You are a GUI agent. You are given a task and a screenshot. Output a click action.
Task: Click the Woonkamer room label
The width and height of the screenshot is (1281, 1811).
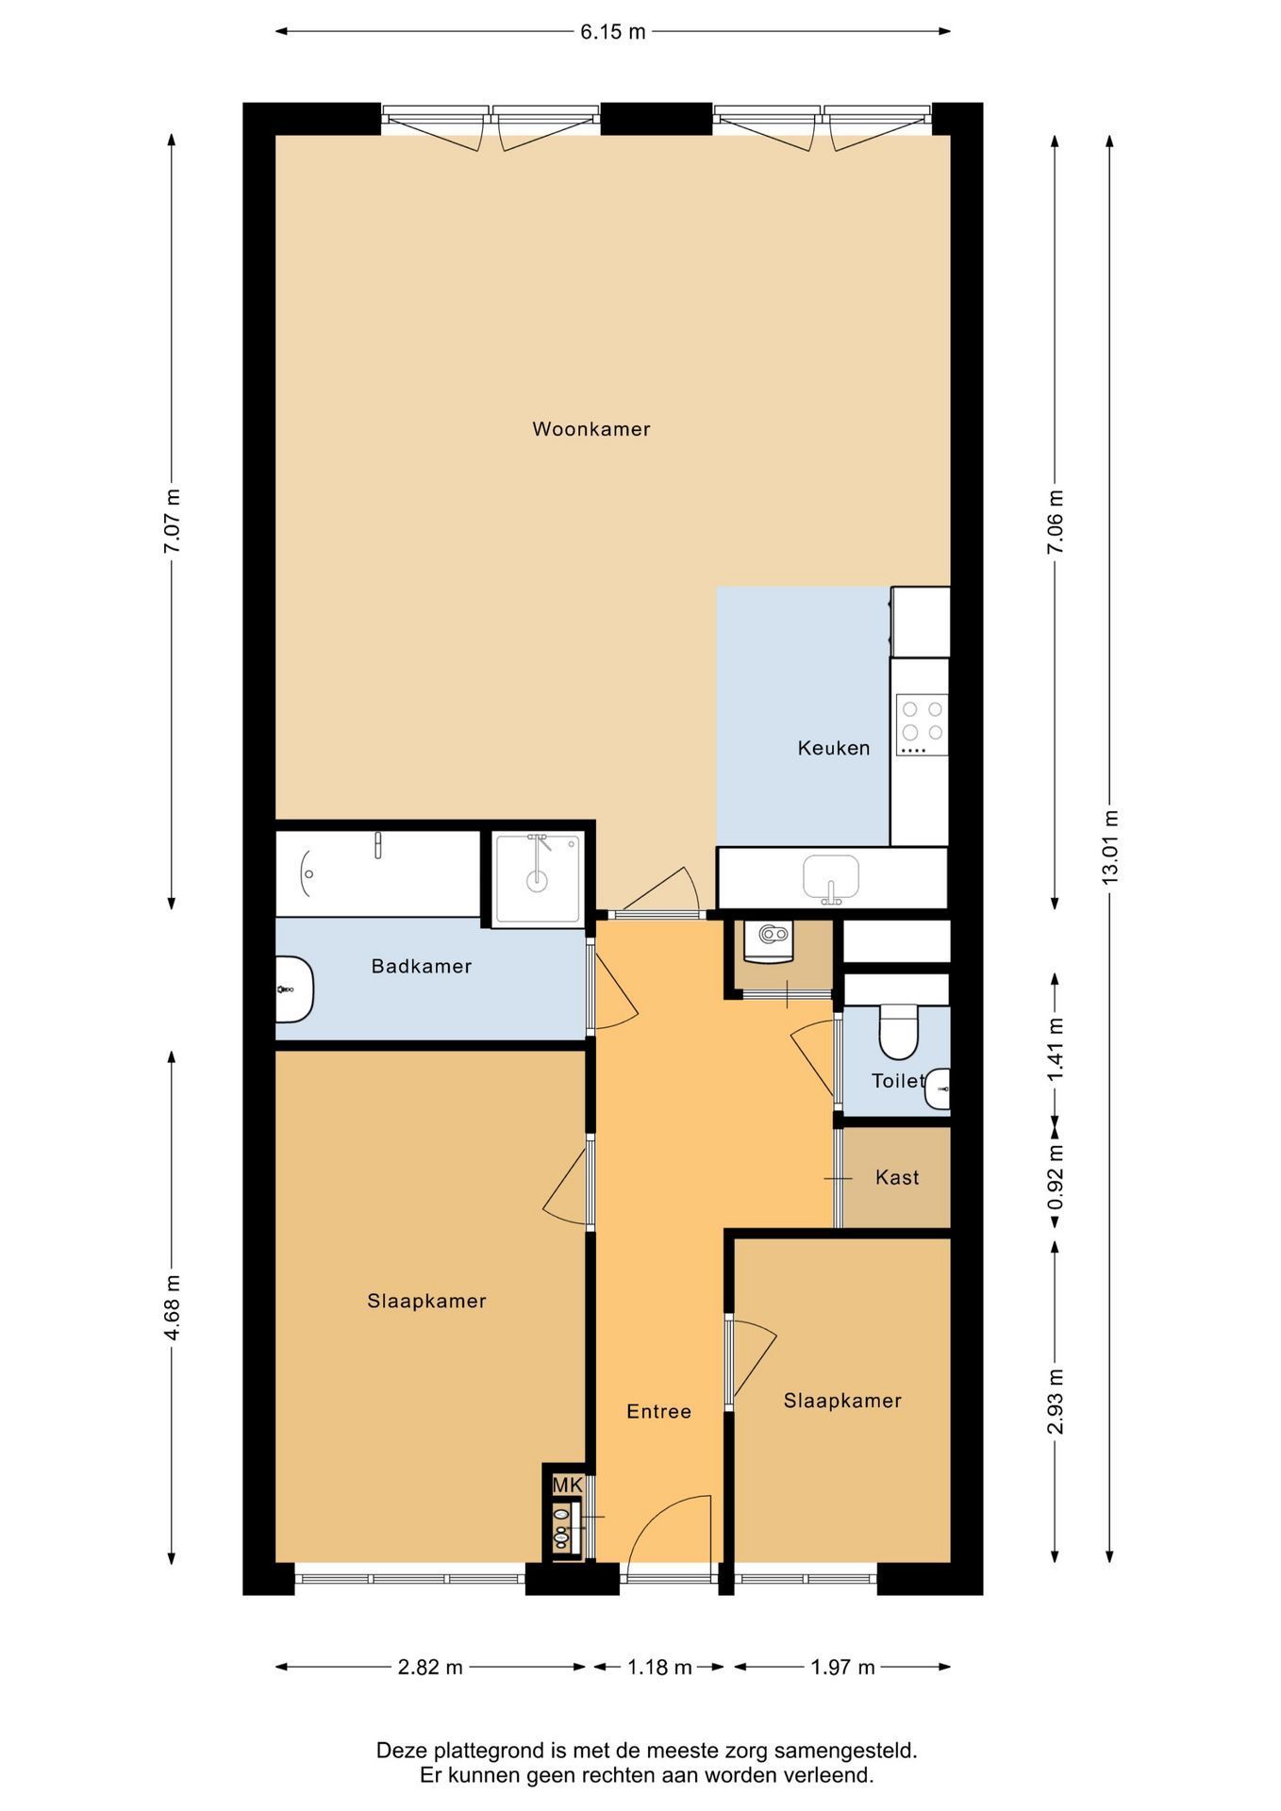591,429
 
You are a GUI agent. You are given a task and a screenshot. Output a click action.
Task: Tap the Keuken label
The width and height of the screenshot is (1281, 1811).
834,748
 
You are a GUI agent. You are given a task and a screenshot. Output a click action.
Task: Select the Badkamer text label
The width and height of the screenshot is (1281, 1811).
422,966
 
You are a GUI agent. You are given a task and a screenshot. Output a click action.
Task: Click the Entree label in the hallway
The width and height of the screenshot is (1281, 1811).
659,1411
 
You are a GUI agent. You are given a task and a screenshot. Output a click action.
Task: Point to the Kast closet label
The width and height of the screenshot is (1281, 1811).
897,1177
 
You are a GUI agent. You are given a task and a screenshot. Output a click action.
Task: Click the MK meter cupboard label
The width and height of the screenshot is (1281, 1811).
568,1485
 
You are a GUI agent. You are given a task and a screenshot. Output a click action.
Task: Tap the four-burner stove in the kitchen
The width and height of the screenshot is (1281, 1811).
923,724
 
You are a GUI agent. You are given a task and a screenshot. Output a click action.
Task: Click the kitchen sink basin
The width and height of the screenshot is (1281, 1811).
831,877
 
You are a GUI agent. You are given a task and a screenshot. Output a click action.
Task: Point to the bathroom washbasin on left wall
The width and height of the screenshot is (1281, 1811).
294,989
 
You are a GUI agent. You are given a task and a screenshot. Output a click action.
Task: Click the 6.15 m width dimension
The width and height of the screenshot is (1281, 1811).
613,31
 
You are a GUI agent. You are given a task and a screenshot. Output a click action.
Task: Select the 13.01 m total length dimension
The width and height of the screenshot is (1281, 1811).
1109,846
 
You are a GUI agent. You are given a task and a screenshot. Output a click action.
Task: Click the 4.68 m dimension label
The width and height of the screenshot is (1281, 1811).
172,1306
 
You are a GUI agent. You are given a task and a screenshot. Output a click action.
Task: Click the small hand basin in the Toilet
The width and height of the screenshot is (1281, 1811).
939,1090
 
